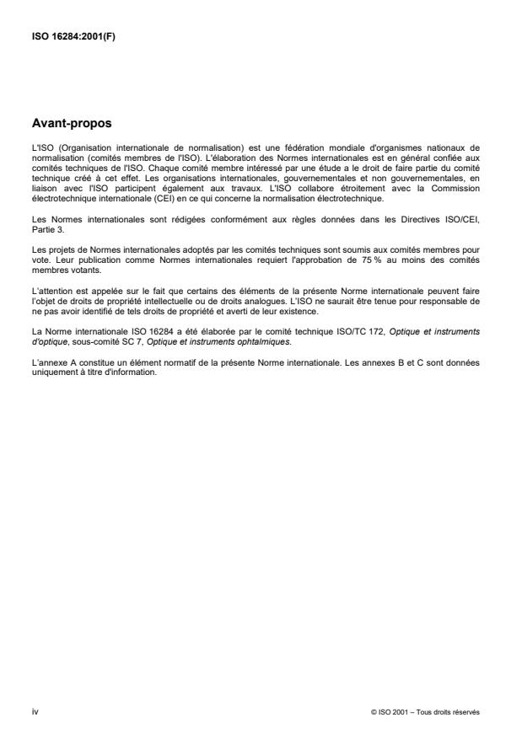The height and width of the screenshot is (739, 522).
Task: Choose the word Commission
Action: click(x=460, y=190)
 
